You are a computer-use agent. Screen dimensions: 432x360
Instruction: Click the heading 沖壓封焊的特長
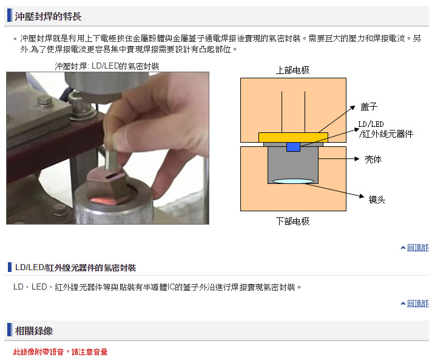[x=48, y=16]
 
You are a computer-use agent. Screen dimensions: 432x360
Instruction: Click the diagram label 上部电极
[x=293, y=70]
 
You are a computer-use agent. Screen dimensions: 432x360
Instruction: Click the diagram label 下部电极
[x=293, y=221]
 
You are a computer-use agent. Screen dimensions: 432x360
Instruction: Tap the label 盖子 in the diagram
[x=369, y=107]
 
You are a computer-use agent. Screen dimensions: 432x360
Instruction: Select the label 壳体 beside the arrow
[x=373, y=159]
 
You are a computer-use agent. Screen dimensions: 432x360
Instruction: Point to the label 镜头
[x=377, y=199]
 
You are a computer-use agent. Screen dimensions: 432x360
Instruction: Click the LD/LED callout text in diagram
[x=385, y=129]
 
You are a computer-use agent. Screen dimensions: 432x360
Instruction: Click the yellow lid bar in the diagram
[x=293, y=138]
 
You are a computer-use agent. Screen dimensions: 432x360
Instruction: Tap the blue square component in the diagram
[x=293, y=147]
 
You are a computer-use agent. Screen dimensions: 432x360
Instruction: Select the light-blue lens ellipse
[x=293, y=181]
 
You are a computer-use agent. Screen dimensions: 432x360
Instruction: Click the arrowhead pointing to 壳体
[x=357, y=159]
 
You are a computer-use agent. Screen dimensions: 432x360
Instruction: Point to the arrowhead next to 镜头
[x=362, y=195]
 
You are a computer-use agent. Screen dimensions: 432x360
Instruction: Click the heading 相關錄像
[x=34, y=331]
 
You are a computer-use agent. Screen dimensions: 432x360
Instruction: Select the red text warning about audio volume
[x=60, y=352]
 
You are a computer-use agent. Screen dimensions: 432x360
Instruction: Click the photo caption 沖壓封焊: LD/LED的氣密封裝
[x=107, y=66]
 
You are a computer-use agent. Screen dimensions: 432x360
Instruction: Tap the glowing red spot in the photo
[x=103, y=201]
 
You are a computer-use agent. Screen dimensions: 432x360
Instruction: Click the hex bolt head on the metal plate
[x=45, y=101]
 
